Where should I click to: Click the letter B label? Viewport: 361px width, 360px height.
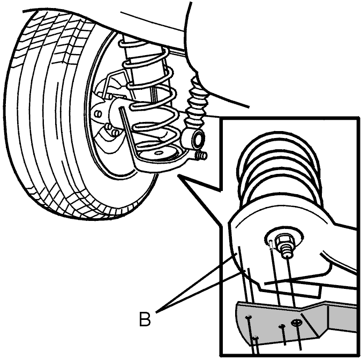click(x=145, y=319)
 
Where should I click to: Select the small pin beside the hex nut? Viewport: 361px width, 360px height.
click(x=271, y=244)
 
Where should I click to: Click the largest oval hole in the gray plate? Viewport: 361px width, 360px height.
click(x=297, y=323)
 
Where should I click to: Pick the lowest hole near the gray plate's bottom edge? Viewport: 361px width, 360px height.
click(x=255, y=338)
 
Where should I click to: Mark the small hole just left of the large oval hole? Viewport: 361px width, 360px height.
click(x=282, y=326)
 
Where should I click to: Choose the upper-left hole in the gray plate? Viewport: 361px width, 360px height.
click(x=249, y=317)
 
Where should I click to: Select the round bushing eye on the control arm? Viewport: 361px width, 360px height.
click(x=198, y=139)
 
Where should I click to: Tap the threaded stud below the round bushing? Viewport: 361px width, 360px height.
click(x=201, y=156)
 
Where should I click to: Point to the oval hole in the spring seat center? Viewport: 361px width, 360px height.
click(x=159, y=153)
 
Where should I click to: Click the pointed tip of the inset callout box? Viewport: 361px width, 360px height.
click(x=178, y=175)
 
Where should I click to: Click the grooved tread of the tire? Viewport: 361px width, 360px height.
click(x=46, y=110)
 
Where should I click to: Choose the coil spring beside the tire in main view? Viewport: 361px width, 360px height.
click(x=149, y=96)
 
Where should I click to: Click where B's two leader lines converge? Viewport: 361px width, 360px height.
click(x=156, y=312)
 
